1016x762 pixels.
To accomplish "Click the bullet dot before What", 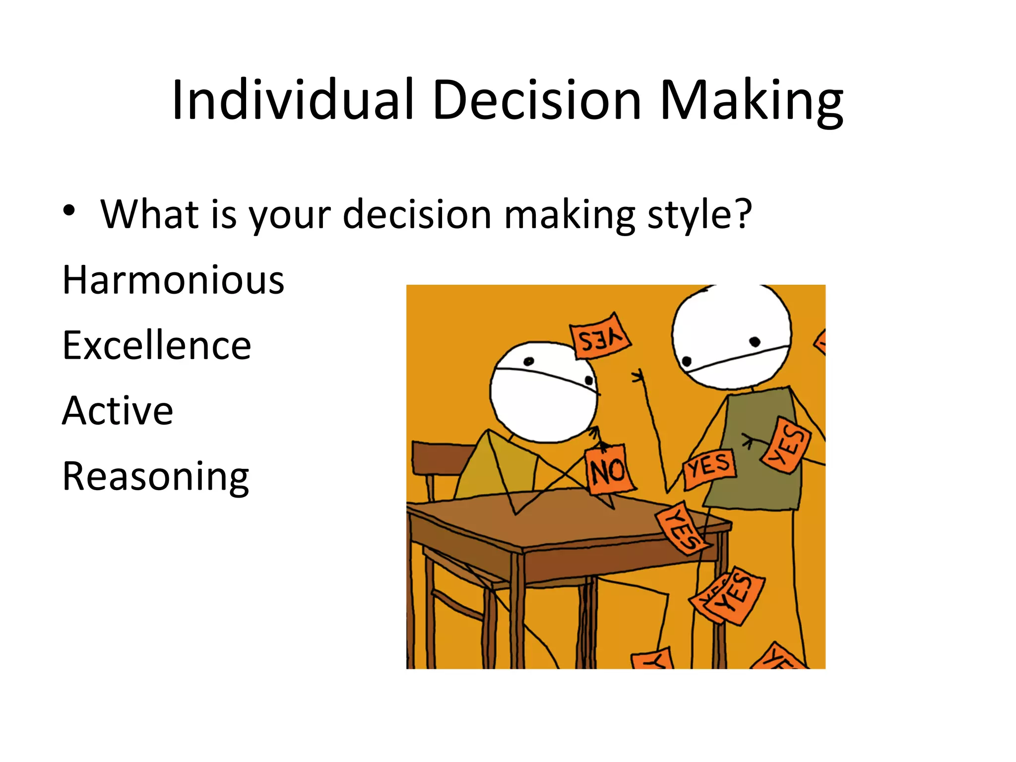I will [69, 211].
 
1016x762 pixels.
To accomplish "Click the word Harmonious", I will [173, 280].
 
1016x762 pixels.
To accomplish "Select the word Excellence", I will [157, 345].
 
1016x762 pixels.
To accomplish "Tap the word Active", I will [118, 411].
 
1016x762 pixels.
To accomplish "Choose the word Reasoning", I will [155, 476].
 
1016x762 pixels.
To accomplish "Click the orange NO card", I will [609, 469].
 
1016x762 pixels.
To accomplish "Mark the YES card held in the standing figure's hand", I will [709, 468].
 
